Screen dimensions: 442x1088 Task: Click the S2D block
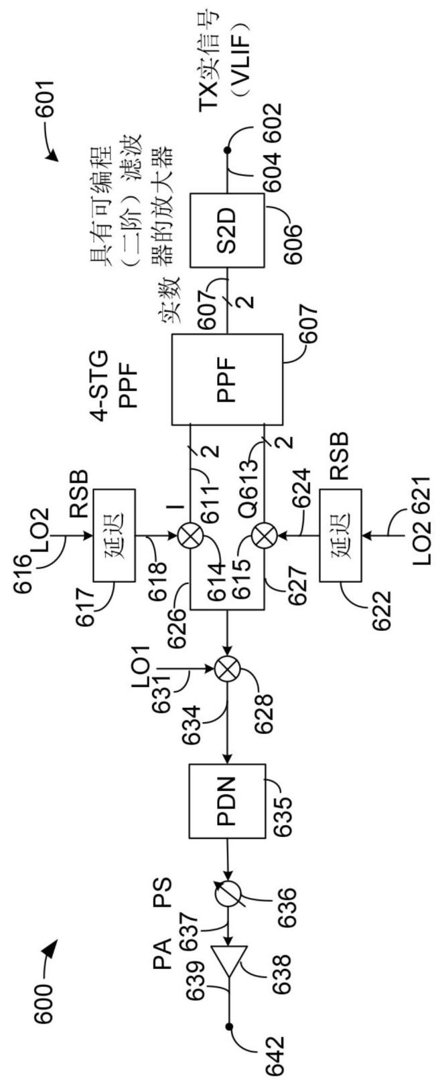coord(227,230)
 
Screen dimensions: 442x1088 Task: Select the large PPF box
coord(227,378)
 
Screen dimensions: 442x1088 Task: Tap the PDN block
coord(227,801)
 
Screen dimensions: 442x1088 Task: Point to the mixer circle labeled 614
coord(190,536)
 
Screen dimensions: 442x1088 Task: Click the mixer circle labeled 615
coord(264,536)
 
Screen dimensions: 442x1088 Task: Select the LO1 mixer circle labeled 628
coord(227,670)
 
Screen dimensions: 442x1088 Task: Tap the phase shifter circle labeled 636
coord(227,892)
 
